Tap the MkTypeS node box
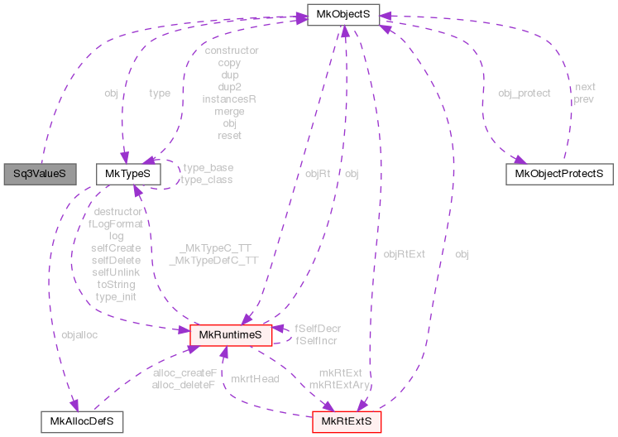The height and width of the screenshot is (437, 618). pyautogui.click(x=123, y=174)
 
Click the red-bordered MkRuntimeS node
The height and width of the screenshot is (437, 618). pyautogui.click(x=231, y=334)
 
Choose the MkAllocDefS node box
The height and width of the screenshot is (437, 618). pyautogui.click(x=82, y=420)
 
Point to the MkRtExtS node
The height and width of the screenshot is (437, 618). pyautogui.click(x=347, y=420)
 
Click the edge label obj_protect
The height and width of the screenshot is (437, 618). pyautogui.click(x=524, y=93)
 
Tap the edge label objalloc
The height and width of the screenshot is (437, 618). pyautogui.click(x=79, y=335)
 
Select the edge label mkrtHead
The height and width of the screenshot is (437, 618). pyautogui.click(x=256, y=378)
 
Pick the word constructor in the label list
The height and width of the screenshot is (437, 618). pyautogui.click(x=231, y=50)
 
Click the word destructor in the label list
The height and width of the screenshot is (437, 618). pyautogui.click(x=117, y=211)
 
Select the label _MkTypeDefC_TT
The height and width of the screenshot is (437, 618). pyautogui.click(x=213, y=260)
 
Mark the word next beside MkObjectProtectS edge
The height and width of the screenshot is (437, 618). pyautogui.click(x=585, y=87)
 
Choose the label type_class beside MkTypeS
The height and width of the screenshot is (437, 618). pyautogui.click(x=206, y=180)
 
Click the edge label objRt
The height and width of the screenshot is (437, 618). pyautogui.click(x=318, y=174)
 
